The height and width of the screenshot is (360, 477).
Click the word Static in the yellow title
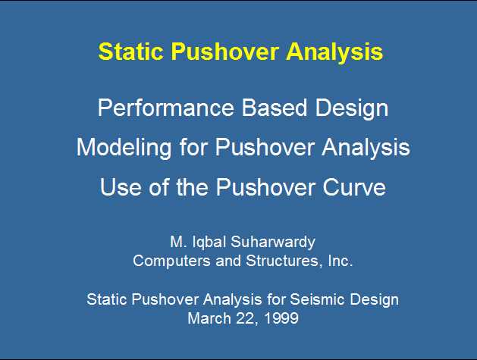[x=130, y=51]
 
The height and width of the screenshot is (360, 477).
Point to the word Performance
[x=166, y=108]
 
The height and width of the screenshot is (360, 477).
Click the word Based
[x=274, y=108]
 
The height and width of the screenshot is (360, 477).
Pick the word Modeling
[x=124, y=148]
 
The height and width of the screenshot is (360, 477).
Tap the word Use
[x=121, y=186]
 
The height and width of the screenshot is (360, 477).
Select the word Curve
[x=354, y=186]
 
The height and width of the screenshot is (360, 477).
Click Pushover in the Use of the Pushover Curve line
[x=265, y=186]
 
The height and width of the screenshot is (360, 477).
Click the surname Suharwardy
[x=273, y=243]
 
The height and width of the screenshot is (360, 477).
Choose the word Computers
[x=171, y=261]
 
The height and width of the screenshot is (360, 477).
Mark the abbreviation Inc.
[x=340, y=261]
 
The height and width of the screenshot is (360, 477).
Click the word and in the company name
[x=228, y=261]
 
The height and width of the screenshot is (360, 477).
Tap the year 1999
[x=281, y=318]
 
